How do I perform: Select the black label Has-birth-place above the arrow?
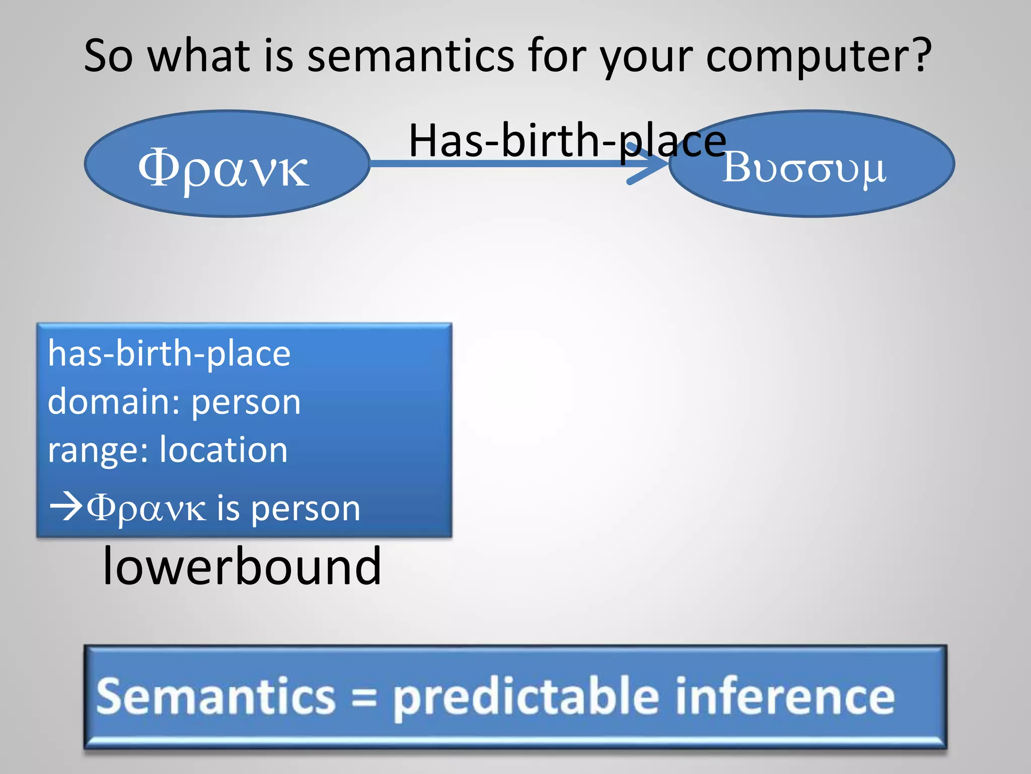coord(567,141)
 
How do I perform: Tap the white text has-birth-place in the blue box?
coord(169,354)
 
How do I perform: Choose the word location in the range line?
coord(224,450)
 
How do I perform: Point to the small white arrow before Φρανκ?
coord(65,506)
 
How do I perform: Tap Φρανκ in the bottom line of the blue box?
coord(146,508)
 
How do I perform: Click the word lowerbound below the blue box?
coord(242,566)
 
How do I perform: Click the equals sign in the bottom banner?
coord(363,698)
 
